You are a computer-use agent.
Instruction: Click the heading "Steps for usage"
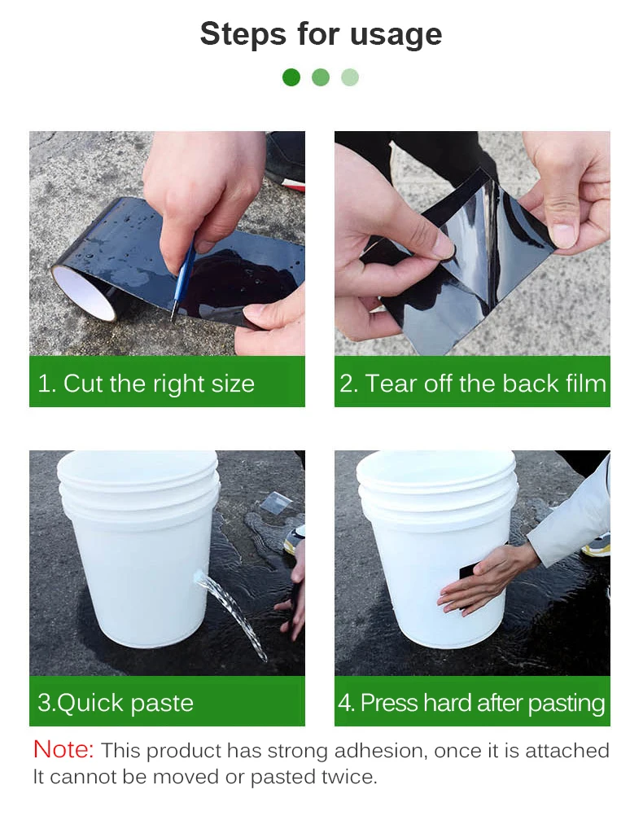click(321, 34)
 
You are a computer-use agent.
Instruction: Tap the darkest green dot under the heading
click(291, 77)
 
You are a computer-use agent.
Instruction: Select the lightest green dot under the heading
click(350, 77)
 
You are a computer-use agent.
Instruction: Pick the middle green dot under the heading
click(321, 77)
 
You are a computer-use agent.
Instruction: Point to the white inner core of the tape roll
click(83, 292)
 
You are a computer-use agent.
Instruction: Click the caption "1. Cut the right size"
click(147, 384)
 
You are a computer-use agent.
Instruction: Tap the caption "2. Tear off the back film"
click(473, 384)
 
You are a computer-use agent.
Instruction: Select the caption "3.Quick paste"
click(116, 703)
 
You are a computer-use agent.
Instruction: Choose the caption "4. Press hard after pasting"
click(471, 703)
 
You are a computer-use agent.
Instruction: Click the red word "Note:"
click(63, 749)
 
